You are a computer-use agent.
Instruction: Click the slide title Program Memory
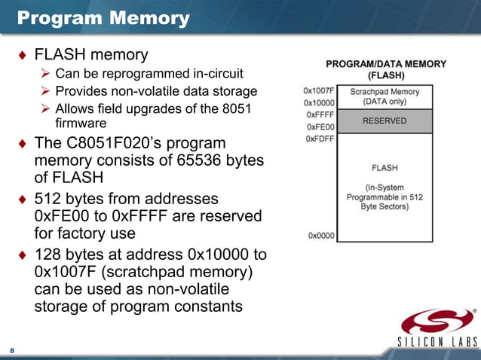click(103, 17)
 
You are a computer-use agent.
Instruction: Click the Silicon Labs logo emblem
click(437, 322)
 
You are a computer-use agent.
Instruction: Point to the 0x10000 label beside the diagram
click(319, 102)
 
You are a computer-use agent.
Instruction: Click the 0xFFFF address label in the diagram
click(320, 114)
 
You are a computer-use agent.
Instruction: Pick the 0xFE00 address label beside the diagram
click(320, 127)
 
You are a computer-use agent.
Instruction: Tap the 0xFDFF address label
click(320, 139)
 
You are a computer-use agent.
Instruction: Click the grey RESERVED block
click(384, 121)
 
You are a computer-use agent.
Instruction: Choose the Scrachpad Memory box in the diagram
click(384, 96)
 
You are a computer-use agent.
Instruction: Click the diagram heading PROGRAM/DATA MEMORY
click(385, 64)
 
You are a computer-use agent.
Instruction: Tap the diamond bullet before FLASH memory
click(22, 55)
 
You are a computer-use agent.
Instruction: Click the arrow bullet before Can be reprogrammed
click(45, 74)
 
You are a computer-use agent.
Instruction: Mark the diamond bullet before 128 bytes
click(22, 253)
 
